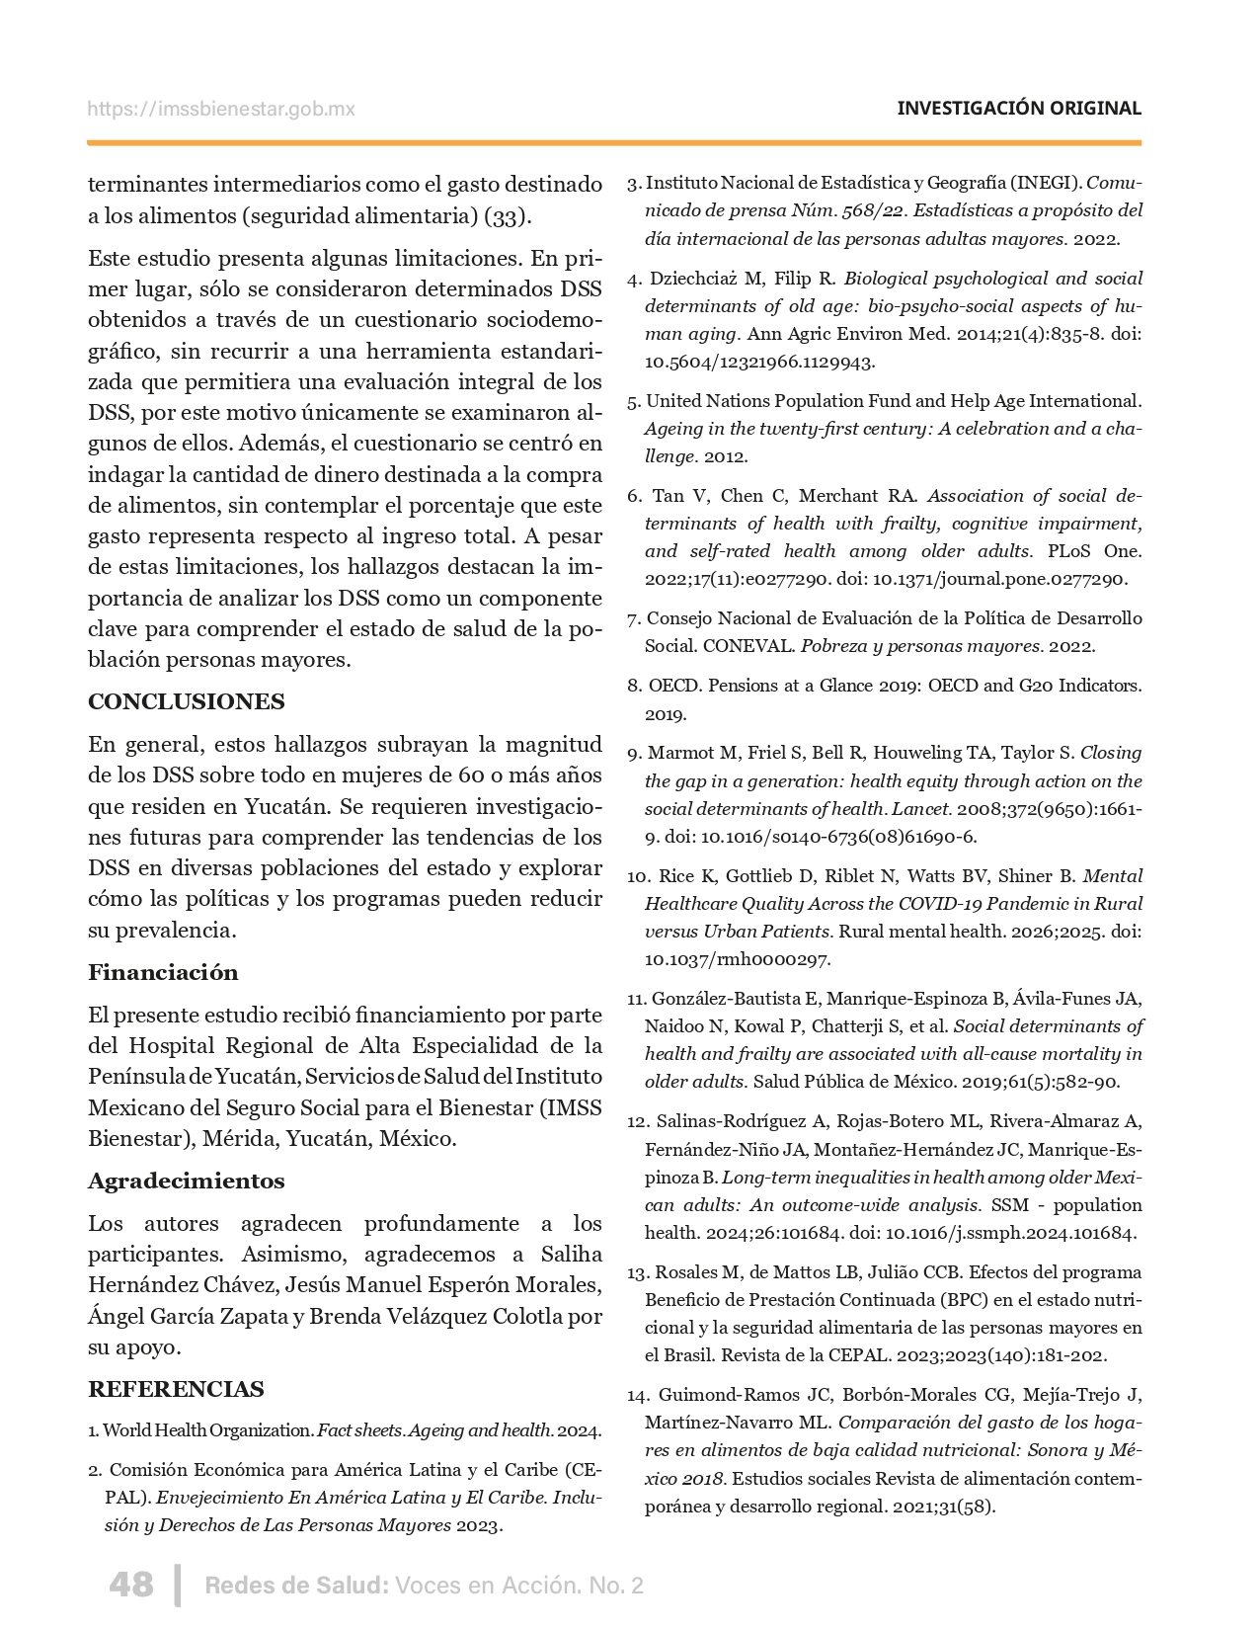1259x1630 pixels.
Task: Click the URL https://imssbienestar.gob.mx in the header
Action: (x=220, y=110)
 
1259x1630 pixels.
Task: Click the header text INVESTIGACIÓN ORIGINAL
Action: (x=1018, y=109)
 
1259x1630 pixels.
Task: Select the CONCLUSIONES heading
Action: (x=187, y=701)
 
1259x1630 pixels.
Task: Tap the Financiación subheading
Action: (x=163, y=972)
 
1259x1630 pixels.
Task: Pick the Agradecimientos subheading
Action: (x=187, y=1181)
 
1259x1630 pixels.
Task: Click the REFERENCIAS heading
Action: (x=176, y=1389)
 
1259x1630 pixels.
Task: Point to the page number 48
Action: (x=131, y=1585)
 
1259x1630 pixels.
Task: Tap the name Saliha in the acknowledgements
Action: (x=572, y=1254)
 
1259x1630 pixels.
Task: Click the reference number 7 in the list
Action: (x=634, y=618)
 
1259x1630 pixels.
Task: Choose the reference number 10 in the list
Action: (x=637, y=876)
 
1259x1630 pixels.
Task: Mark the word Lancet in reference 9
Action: (x=920, y=808)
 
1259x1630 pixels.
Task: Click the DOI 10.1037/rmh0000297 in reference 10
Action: (x=738, y=958)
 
